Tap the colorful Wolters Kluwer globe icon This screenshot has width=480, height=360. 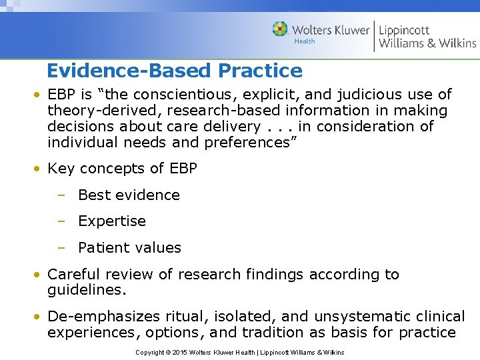[x=280, y=29]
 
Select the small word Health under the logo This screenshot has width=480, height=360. [x=304, y=41]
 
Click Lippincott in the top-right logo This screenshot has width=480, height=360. [x=404, y=30]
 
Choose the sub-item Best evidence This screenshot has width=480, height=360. [x=129, y=195]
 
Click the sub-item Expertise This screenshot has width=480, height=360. [x=111, y=221]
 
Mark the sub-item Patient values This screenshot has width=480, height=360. [x=129, y=248]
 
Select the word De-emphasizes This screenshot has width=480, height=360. [x=104, y=317]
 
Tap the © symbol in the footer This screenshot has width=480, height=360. [x=169, y=352]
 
